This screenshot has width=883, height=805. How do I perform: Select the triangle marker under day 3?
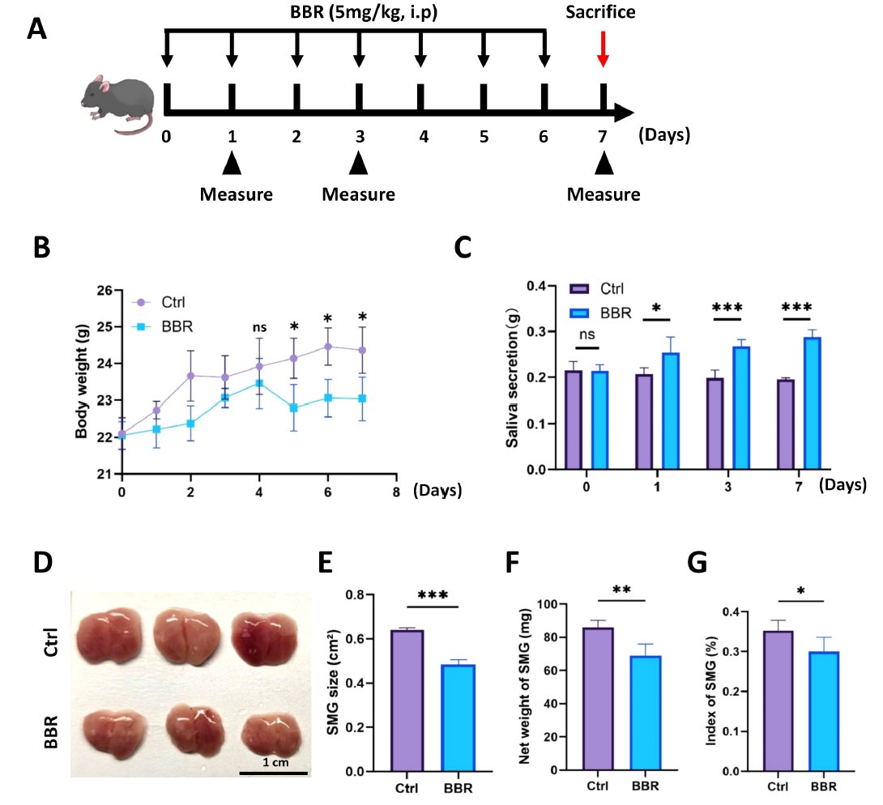358,164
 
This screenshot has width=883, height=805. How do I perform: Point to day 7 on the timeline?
602,137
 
